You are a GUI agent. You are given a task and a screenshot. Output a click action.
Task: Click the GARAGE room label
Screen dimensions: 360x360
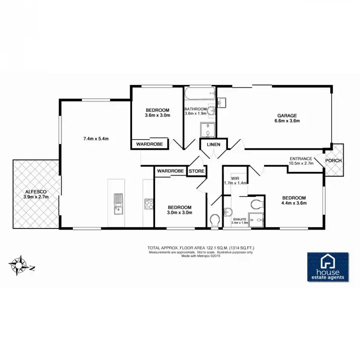[x=287, y=115]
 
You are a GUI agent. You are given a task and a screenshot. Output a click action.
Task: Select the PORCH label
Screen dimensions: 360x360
[x=333, y=160]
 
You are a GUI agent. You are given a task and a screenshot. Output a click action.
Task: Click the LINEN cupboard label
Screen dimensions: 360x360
[x=214, y=144]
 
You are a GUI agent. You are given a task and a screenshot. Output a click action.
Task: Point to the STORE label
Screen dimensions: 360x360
[x=196, y=170]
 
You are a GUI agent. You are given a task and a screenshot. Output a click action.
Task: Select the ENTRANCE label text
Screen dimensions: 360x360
[x=301, y=158]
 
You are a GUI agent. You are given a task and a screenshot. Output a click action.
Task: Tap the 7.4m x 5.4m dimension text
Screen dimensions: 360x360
[x=96, y=139]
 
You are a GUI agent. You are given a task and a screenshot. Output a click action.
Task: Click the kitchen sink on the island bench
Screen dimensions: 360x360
[x=118, y=204]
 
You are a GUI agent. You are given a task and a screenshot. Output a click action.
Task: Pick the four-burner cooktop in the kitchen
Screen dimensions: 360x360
[x=148, y=204]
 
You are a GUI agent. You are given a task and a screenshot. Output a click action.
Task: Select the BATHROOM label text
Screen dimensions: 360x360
[x=195, y=109]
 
